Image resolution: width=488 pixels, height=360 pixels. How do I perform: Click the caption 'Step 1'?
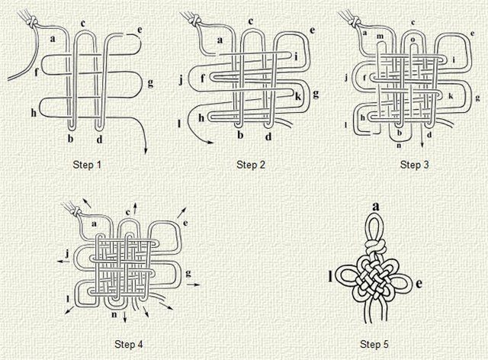point(87,165)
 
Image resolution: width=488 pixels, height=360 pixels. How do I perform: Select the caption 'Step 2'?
point(251,165)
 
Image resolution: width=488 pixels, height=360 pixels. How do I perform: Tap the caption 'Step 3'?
point(415,165)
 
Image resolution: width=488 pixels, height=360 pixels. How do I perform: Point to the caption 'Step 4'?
point(129,344)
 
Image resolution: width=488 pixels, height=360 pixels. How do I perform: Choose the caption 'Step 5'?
point(374,344)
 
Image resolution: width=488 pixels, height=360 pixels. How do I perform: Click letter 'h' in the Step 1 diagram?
point(34,113)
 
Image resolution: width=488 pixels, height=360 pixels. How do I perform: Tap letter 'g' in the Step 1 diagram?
point(150,83)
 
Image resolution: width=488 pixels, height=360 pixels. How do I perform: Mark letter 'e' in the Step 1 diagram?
point(140,31)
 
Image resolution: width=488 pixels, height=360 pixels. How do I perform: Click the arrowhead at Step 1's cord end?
point(146,151)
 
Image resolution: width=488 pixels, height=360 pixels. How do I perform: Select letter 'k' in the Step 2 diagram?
point(298,96)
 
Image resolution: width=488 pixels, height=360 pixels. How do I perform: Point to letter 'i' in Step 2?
point(296,56)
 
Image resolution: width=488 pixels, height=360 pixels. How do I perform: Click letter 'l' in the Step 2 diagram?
point(179,124)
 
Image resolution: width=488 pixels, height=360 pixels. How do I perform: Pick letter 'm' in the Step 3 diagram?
point(380,37)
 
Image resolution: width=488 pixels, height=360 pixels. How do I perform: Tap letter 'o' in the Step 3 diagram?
point(413,40)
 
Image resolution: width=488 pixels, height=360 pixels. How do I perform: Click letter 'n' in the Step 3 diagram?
point(399,145)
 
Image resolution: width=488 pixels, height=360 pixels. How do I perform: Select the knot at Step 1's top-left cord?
point(32,22)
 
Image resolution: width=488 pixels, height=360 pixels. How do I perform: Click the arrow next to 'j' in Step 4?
point(64,262)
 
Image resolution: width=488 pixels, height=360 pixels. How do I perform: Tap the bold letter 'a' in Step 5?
point(376,207)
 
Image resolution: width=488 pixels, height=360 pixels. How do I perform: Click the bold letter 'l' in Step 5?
point(330,276)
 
